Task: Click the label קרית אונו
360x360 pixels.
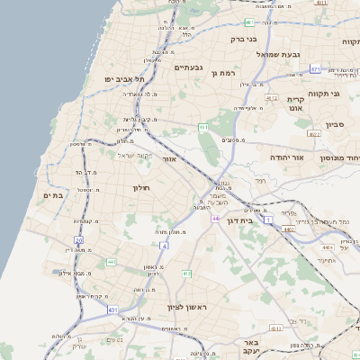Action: coord(296,103)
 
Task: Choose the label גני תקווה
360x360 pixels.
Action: coord(323,94)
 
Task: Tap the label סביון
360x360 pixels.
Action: coord(336,125)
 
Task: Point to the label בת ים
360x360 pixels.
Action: coord(51,194)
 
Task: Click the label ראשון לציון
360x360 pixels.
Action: coord(186,307)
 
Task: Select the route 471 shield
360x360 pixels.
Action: coord(315,68)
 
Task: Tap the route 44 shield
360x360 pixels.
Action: coord(215,218)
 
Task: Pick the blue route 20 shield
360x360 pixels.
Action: coord(80,240)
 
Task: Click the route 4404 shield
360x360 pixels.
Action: coord(328,244)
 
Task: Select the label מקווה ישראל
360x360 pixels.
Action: coord(136,155)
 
